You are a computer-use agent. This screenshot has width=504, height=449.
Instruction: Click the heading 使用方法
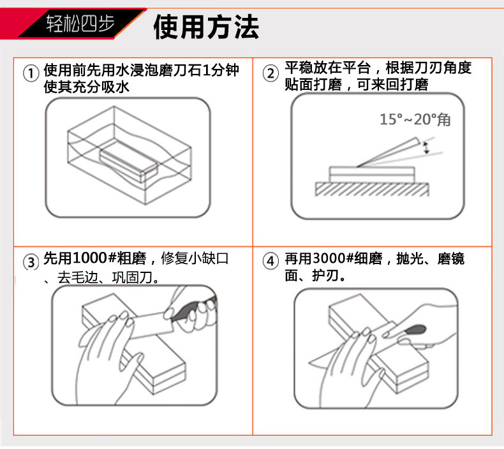(x=206, y=27)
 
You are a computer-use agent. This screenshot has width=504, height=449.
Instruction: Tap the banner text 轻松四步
(x=80, y=23)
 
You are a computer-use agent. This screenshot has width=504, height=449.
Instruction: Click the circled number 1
(x=31, y=73)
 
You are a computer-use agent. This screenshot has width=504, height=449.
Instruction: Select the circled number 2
(x=271, y=73)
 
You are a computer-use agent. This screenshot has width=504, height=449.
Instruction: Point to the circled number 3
(x=31, y=262)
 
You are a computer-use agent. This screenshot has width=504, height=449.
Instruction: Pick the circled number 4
(x=271, y=261)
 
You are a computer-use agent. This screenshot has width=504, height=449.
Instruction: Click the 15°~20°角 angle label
(x=415, y=119)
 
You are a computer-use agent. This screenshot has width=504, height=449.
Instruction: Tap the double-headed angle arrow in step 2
(x=427, y=147)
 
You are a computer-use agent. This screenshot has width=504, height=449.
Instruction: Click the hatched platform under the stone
(x=371, y=189)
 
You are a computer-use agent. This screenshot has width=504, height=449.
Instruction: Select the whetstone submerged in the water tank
(x=129, y=161)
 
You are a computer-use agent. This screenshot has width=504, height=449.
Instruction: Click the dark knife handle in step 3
(x=193, y=309)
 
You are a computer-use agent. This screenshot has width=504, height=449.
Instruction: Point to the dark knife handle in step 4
(x=415, y=330)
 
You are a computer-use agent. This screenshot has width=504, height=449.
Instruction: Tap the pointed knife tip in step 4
(x=309, y=363)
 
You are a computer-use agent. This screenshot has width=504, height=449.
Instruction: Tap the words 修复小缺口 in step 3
(x=195, y=258)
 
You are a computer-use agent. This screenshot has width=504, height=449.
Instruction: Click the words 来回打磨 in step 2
(x=400, y=85)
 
